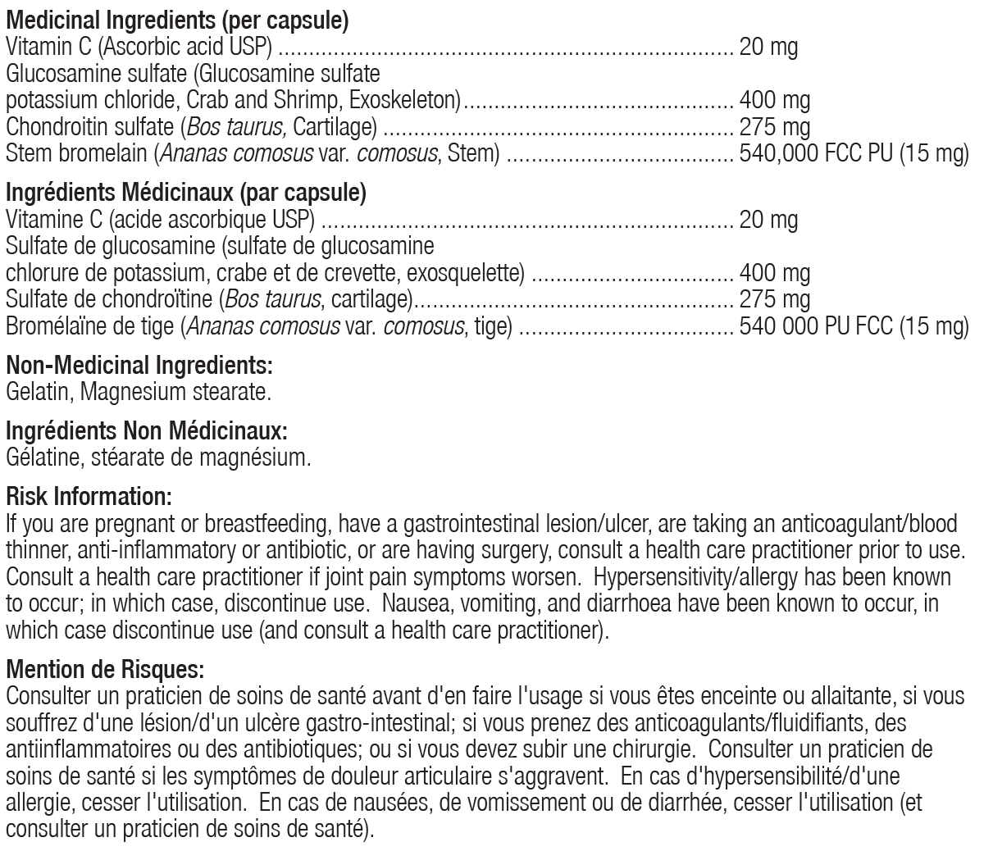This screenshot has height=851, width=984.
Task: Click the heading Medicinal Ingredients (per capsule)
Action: [x=176, y=20]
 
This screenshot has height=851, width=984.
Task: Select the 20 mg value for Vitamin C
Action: [x=768, y=47]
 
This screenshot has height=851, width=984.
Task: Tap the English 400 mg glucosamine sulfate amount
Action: [x=774, y=101]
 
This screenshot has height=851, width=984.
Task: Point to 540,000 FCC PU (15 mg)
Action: [x=854, y=153]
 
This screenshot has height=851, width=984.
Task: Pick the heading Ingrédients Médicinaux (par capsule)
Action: [x=185, y=193]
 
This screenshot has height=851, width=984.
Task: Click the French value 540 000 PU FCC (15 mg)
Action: [x=854, y=326]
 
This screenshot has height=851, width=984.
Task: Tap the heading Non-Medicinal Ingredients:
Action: [x=139, y=365]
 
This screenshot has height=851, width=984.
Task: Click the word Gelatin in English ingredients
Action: [x=39, y=392]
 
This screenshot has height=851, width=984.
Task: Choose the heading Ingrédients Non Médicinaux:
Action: [x=147, y=430]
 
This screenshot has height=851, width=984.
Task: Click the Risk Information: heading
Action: [x=89, y=495]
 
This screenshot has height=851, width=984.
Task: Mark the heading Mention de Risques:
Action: [x=104, y=670]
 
